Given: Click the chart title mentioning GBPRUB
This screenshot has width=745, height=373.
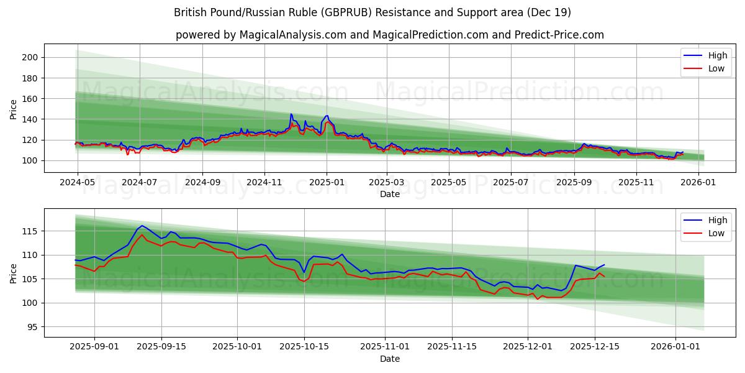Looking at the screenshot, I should click(x=372, y=12).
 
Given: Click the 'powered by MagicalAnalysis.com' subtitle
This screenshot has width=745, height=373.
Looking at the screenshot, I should click(x=389, y=35).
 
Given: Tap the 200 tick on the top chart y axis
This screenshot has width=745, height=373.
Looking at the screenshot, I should click(x=30, y=57).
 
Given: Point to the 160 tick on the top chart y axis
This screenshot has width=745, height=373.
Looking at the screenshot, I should click(x=30, y=99).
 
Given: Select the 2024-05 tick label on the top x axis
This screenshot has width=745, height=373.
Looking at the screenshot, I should click(x=78, y=183).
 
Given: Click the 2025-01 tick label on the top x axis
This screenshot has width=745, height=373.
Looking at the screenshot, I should click(x=327, y=183).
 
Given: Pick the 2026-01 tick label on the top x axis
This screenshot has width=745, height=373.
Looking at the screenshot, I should click(x=698, y=183).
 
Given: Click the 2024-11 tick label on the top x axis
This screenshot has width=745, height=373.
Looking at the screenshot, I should click(x=265, y=183).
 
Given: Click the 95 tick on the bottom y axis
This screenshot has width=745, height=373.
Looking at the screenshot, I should click(x=33, y=327).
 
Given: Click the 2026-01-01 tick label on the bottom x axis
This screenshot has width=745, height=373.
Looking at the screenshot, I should click(x=675, y=347).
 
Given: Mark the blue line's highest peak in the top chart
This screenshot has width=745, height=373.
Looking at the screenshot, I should click(x=291, y=114).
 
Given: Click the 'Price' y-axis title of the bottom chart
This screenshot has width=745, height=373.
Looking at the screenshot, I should click(x=14, y=272).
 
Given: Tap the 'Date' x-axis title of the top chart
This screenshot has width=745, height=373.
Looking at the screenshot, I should click(x=389, y=195).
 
